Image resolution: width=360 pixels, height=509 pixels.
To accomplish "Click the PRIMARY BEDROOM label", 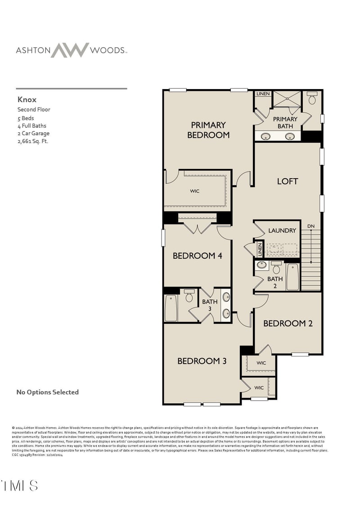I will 208,130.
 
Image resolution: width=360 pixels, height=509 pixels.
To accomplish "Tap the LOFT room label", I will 287,181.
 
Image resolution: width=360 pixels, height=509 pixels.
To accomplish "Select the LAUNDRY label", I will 282,230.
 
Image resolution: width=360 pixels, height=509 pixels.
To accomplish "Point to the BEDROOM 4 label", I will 197,256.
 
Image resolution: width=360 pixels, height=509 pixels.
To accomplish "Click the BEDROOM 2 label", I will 288,323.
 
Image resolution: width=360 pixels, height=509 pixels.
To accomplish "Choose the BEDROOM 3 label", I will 202,361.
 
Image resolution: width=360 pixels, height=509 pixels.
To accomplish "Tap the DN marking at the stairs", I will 310,225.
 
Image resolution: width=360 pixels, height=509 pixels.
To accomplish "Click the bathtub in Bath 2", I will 292,277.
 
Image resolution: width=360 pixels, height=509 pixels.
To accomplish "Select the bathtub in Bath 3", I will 171,308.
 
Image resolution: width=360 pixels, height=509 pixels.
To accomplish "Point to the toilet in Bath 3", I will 189,296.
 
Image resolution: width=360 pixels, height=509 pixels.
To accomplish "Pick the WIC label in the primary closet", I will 194,191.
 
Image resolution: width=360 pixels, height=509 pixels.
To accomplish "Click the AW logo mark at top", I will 69,50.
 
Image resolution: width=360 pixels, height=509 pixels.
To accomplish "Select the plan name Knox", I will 27,99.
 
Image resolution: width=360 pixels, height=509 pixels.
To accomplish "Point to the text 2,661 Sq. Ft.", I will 32,141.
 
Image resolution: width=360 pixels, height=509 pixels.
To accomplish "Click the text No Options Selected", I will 47,392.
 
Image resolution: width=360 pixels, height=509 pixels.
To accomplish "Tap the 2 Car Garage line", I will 33,133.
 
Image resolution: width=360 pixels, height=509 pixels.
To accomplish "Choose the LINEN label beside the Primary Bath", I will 263,94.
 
